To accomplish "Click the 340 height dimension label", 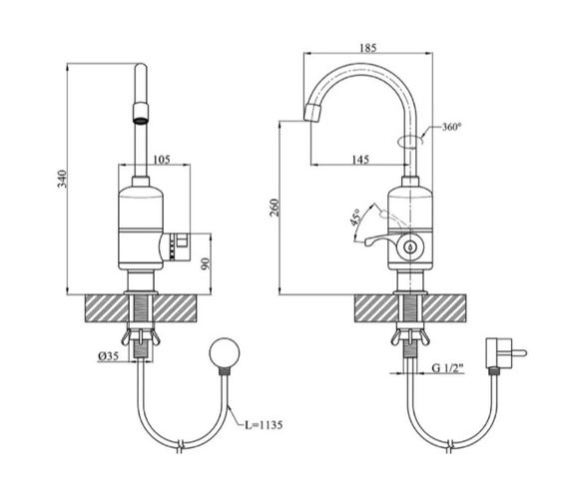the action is click(63, 179).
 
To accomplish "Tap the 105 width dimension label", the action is click(162, 160).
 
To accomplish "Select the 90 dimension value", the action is click(206, 263).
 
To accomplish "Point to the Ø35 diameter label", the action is click(108, 356).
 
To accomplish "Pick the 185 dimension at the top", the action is click(368, 48).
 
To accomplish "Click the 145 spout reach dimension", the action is click(360, 160).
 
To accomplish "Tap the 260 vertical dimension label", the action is click(276, 208).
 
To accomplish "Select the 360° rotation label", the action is click(452, 127).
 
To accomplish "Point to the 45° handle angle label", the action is click(356, 218).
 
